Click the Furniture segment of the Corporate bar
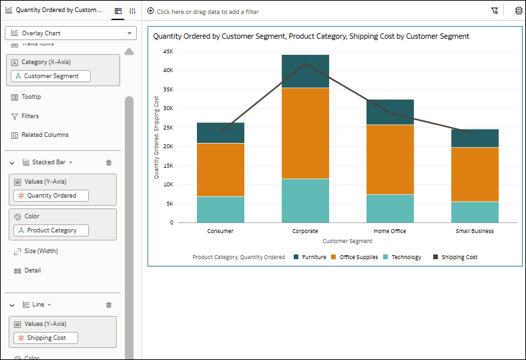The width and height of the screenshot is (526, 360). tap(305, 71)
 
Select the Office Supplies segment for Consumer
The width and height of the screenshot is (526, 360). tap(220, 170)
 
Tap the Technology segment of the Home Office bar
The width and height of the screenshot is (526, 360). tap(390, 208)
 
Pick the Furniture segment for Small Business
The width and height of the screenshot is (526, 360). tap(475, 138)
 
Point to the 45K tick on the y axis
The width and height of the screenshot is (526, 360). tap(168, 51)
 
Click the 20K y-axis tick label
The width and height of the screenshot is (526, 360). tap(168, 146)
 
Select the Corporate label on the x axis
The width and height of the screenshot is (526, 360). tap(305, 231)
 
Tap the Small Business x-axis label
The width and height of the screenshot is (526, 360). tap(475, 231)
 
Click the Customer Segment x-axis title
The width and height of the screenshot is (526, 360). tap(347, 241)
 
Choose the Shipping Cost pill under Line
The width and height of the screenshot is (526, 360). tap(45, 338)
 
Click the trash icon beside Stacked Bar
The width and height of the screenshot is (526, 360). tap(109, 162)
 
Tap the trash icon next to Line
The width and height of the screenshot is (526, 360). tap(109, 305)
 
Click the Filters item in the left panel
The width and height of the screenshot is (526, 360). tap(30, 116)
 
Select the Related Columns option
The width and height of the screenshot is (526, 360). tap(45, 135)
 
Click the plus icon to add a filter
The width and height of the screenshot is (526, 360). tap(150, 11)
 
